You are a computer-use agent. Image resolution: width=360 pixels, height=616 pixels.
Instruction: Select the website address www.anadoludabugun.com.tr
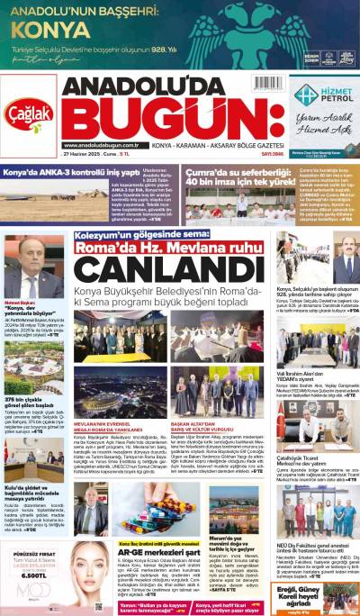pos(102,145)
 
